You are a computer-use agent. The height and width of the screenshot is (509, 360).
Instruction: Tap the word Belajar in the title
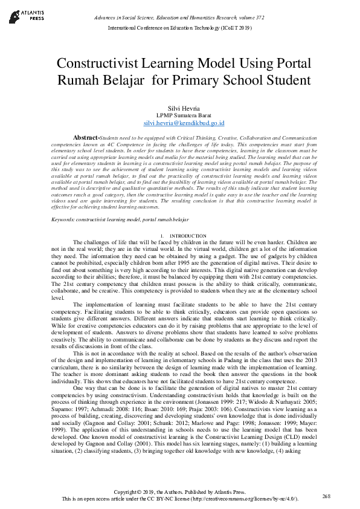[x=124, y=80]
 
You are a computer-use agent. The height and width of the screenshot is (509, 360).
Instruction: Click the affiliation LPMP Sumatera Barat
[x=179, y=115]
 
